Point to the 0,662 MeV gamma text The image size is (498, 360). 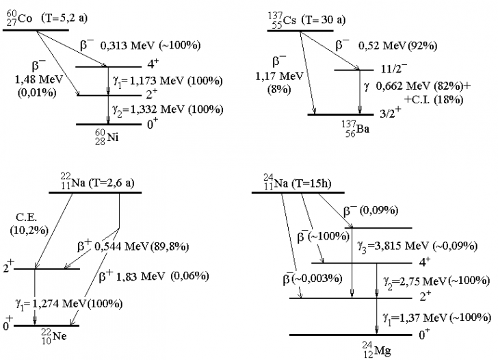pos(409,88)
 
